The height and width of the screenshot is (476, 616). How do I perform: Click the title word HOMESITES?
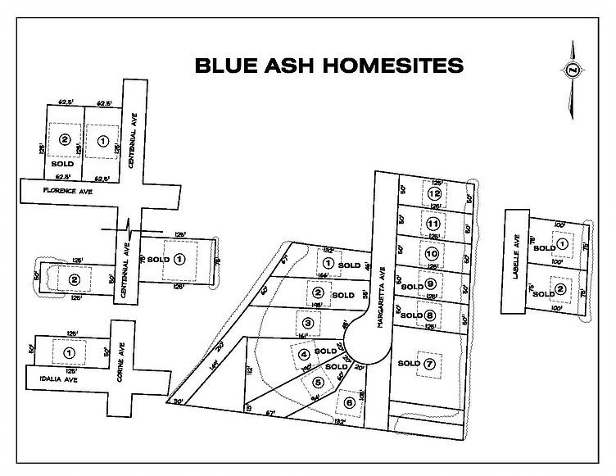point(392,66)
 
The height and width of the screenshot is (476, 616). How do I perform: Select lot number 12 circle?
point(434,194)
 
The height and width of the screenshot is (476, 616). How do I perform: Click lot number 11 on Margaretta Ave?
point(433,224)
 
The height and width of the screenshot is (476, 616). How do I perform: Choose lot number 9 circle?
point(430,284)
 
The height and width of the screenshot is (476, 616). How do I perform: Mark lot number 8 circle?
point(430,315)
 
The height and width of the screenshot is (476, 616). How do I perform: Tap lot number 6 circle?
point(350,402)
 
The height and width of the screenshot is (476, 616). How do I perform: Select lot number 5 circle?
point(318,380)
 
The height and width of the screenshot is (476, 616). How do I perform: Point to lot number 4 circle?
point(304,355)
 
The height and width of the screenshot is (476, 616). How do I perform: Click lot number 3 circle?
point(306,322)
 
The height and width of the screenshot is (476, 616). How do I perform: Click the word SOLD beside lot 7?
point(408,363)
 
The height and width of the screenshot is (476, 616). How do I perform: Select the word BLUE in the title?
point(224,66)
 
